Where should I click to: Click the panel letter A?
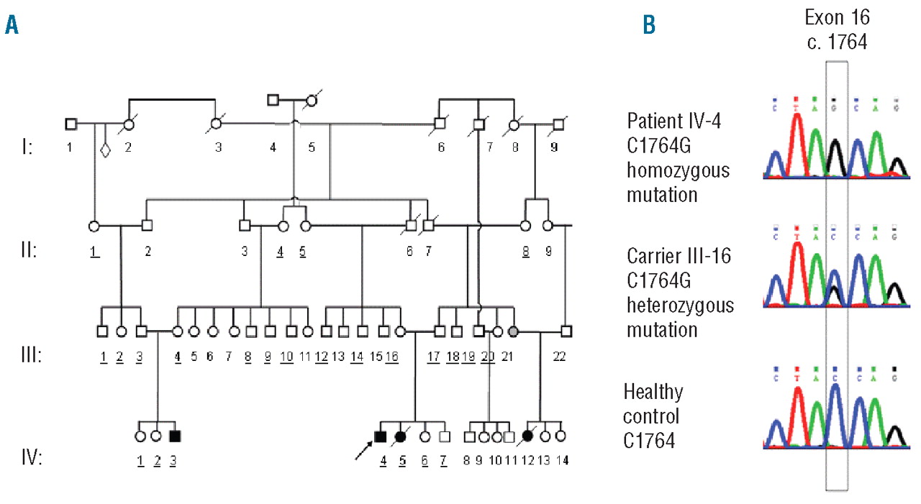[12, 26]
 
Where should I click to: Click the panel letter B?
[649, 26]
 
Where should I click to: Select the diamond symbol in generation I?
[105, 151]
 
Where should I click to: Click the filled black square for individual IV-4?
[381, 436]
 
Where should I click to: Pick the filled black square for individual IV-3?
[173, 436]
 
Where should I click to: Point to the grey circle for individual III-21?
[513, 331]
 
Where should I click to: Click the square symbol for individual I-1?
[71, 124]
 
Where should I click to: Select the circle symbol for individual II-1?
[94, 225]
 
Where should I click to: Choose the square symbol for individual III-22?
[566, 331]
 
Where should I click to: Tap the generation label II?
[30, 252]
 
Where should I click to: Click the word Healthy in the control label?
[653, 393]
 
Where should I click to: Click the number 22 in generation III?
[558, 356]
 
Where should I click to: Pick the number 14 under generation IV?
[563, 459]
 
